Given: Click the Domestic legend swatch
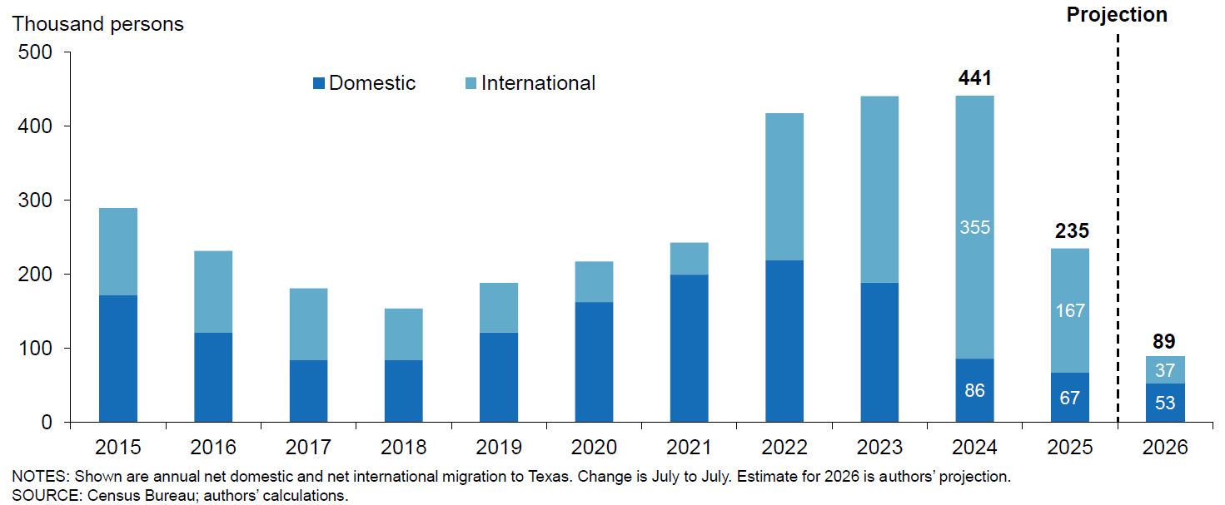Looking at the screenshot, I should click(319, 83).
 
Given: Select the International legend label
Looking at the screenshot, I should click(538, 83).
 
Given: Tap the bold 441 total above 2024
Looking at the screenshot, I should click(975, 78).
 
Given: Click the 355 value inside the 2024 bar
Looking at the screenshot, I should click(975, 227).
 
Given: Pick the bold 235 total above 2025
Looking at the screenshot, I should click(1071, 231).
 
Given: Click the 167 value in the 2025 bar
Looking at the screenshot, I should click(1071, 310).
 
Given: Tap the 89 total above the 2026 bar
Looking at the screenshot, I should click(1166, 341).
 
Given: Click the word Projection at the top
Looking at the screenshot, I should click(1117, 14).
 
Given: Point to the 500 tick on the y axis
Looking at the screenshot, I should click(34, 52).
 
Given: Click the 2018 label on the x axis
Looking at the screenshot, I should click(404, 448).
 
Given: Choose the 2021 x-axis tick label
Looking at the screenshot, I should click(690, 448).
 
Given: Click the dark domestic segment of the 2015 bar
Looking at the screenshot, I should click(118, 358).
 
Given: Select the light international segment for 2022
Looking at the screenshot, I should click(784, 187).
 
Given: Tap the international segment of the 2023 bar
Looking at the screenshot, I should click(879, 190).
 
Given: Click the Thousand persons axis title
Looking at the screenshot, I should click(97, 23).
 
